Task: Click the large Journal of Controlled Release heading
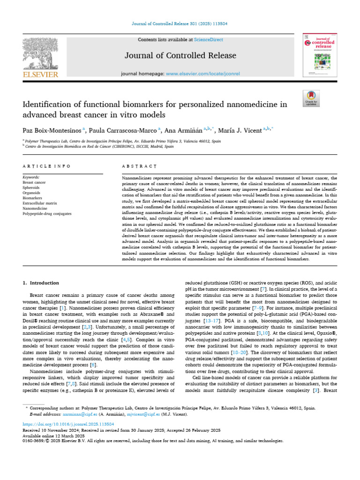[180, 56]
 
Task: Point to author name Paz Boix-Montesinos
[52, 130]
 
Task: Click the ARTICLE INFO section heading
[46, 166]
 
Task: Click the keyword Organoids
[31, 193]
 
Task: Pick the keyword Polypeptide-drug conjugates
[47, 213]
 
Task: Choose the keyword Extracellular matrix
[39, 203]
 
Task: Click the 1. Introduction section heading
[41, 283]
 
